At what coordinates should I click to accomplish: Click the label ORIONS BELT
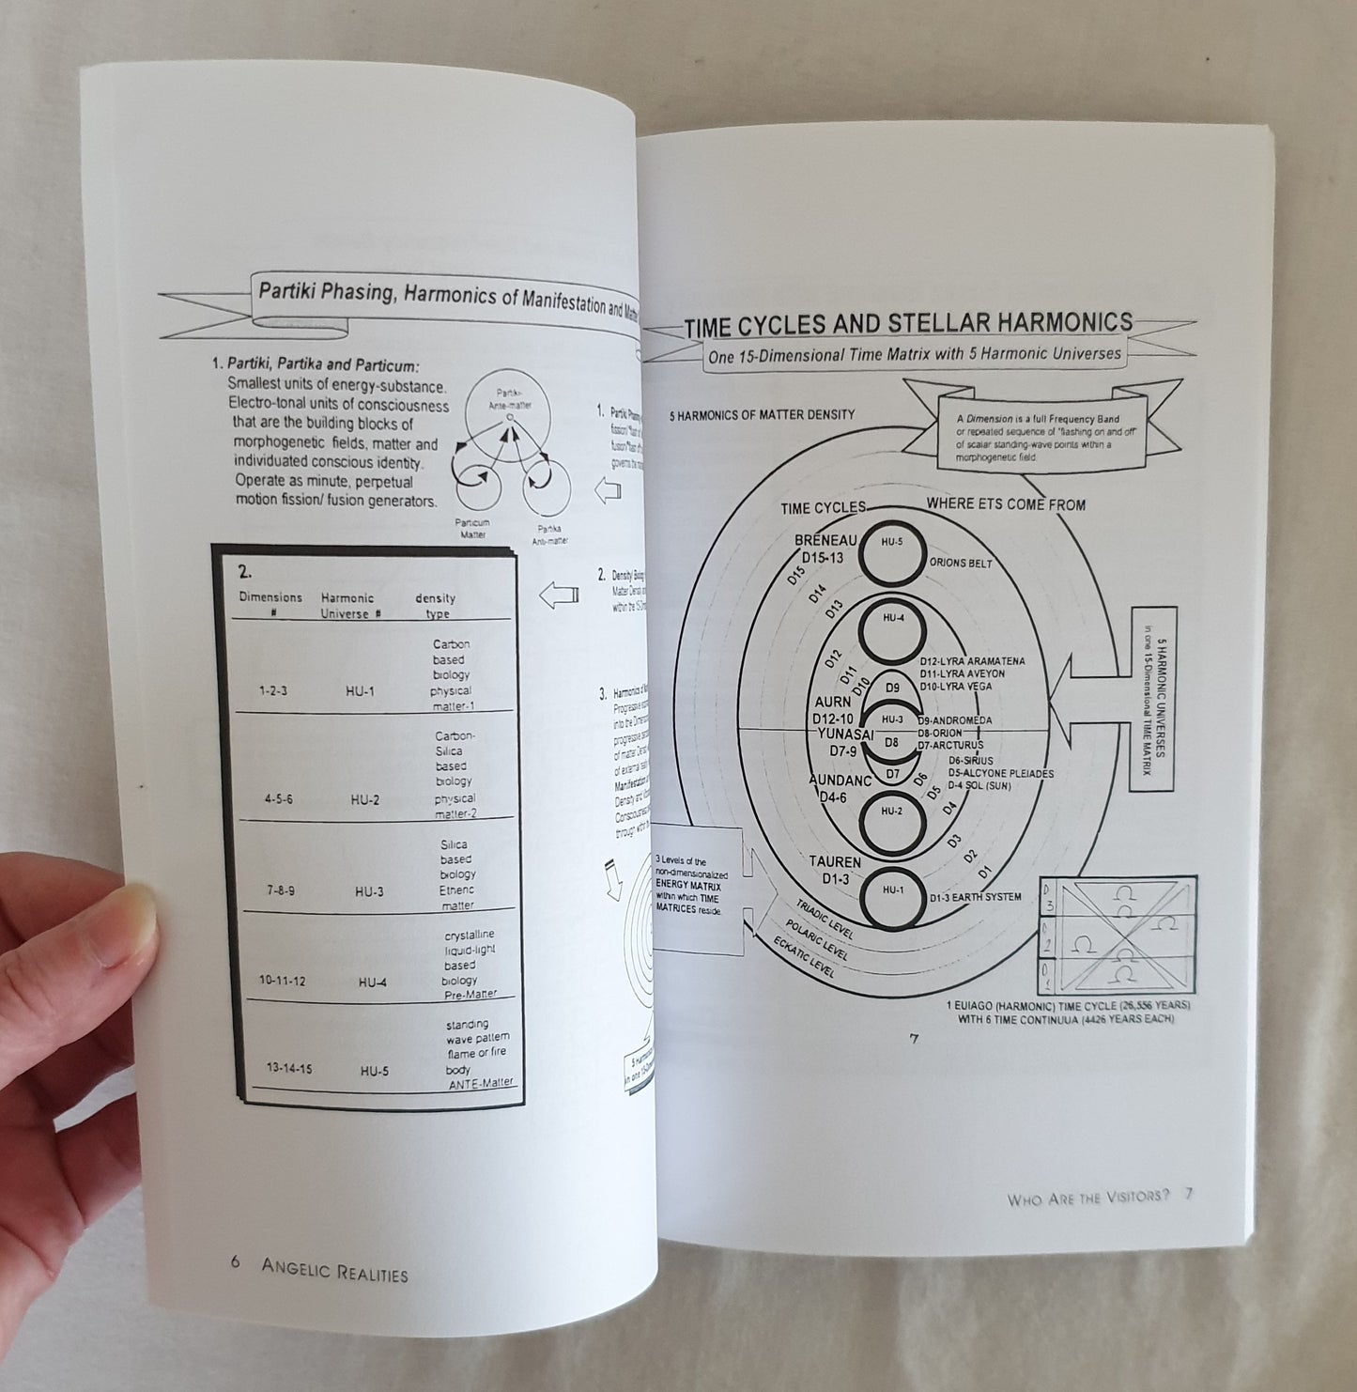pyautogui.click(x=960, y=564)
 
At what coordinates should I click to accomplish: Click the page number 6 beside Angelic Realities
pyautogui.click(x=236, y=1263)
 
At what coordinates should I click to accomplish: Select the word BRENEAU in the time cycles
pyautogui.click(x=825, y=540)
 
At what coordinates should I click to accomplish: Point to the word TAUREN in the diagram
pyautogui.click(x=834, y=861)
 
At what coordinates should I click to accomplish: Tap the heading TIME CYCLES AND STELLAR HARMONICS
pyautogui.click(x=907, y=325)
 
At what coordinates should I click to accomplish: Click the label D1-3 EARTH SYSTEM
pyautogui.click(x=974, y=897)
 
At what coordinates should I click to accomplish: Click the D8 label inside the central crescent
pyautogui.click(x=892, y=742)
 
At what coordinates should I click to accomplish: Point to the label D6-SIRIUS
pyautogui.click(x=970, y=760)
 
